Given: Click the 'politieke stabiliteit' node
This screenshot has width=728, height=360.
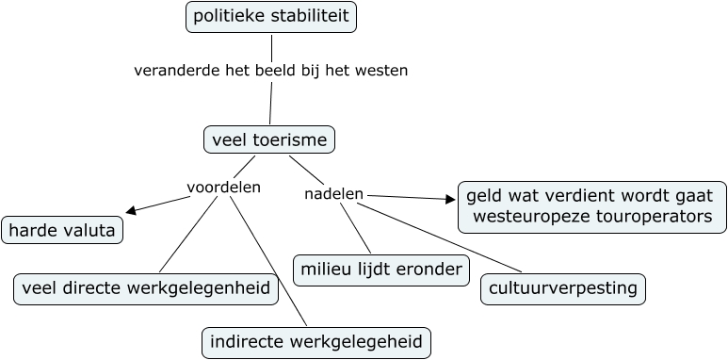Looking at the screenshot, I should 271,17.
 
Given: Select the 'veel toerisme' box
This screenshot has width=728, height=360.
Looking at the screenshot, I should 269,140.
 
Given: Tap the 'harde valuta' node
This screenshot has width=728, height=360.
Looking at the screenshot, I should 62,230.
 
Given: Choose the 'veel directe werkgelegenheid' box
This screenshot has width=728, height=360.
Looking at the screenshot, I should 146,288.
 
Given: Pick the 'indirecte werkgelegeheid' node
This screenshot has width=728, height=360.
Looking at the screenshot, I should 316,343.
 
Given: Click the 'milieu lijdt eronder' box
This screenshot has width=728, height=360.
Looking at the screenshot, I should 380,270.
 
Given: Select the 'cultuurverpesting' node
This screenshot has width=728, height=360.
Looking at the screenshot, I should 563,288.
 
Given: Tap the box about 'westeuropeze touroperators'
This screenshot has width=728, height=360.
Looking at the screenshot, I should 592,206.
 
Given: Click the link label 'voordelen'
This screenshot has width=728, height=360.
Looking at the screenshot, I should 223,188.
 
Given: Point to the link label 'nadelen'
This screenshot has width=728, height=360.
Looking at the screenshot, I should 334,194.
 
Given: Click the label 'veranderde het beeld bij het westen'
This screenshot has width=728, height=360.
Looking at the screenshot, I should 271,71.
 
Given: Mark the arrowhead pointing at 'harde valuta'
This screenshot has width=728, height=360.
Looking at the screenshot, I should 131,210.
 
